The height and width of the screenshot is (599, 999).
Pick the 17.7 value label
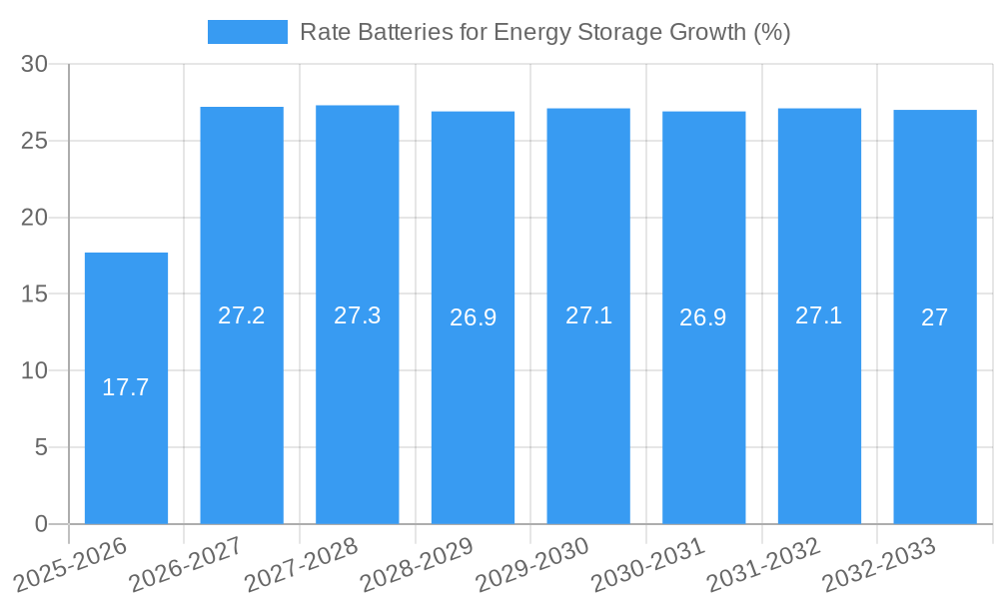pos(126,387)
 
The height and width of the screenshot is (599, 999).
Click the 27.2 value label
pos(242,315)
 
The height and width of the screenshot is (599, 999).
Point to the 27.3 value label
pos(358,315)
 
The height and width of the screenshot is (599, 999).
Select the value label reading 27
pos(935,317)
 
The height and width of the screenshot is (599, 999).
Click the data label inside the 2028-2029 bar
pos(473,317)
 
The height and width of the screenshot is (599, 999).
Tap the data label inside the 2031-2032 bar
pos(819,315)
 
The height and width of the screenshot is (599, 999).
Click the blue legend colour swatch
pos(248,32)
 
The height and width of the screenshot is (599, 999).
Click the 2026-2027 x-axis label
pos(186,564)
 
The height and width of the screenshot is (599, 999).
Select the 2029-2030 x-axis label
pos(532,564)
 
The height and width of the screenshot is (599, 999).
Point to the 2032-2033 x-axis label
pos(879,564)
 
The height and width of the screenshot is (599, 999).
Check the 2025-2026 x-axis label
pos(71,564)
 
